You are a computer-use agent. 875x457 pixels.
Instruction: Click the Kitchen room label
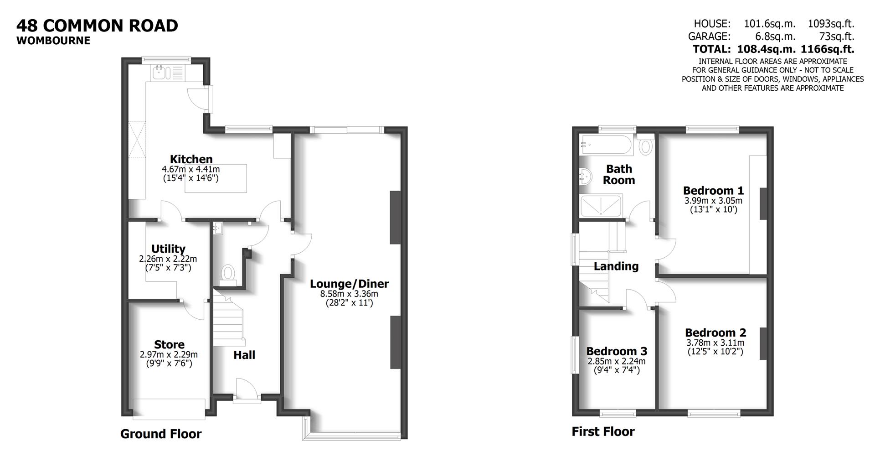[x=191, y=159]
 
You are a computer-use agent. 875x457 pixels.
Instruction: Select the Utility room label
[x=168, y=249]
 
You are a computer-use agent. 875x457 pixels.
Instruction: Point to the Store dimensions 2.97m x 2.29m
[x=169, y=354]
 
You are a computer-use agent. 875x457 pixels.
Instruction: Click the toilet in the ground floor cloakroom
[x=227, y=274]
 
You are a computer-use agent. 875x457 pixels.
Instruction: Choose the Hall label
[x=244, y=355]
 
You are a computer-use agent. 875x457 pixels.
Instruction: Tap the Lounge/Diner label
[x=349, y=284]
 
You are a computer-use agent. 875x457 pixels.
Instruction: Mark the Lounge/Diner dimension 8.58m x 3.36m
[x=349, y=294]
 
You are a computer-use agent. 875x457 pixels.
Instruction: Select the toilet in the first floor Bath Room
[x=646, y=146]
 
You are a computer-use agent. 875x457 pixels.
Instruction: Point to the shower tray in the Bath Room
[x=601, y=205]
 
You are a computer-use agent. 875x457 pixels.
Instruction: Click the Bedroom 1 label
[x=713, y=190]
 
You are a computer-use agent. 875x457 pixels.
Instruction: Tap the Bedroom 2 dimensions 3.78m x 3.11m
[x=715, y=343]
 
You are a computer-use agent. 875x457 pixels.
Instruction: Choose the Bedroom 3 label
[x=617, y=351]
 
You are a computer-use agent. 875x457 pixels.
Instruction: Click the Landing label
[x=616, y=266]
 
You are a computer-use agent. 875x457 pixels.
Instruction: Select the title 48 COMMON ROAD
[x=97, y=26]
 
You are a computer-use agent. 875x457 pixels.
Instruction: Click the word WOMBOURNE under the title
[x=53, y=41]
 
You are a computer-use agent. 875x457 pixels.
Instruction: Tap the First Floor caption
[x=603, y=431]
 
